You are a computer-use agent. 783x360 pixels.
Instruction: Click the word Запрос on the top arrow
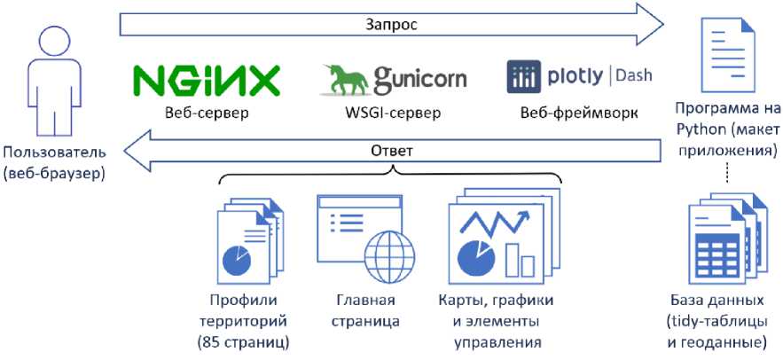click(391, 25)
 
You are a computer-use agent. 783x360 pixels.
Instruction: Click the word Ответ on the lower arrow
click(391, 151)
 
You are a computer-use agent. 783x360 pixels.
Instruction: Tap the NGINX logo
click(206, 81)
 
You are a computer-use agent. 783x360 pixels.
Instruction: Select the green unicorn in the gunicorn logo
click(344, 81)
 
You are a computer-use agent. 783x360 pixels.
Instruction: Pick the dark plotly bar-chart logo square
click(523, 77)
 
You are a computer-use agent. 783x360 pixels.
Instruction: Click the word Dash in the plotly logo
click(634, 75)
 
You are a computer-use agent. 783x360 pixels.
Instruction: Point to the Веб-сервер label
click(206, 113)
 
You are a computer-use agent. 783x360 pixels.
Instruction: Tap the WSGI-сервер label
click(392, 113)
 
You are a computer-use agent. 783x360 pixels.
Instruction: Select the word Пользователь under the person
click(53, 153)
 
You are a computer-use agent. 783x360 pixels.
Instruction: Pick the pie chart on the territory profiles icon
click(236, 261)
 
